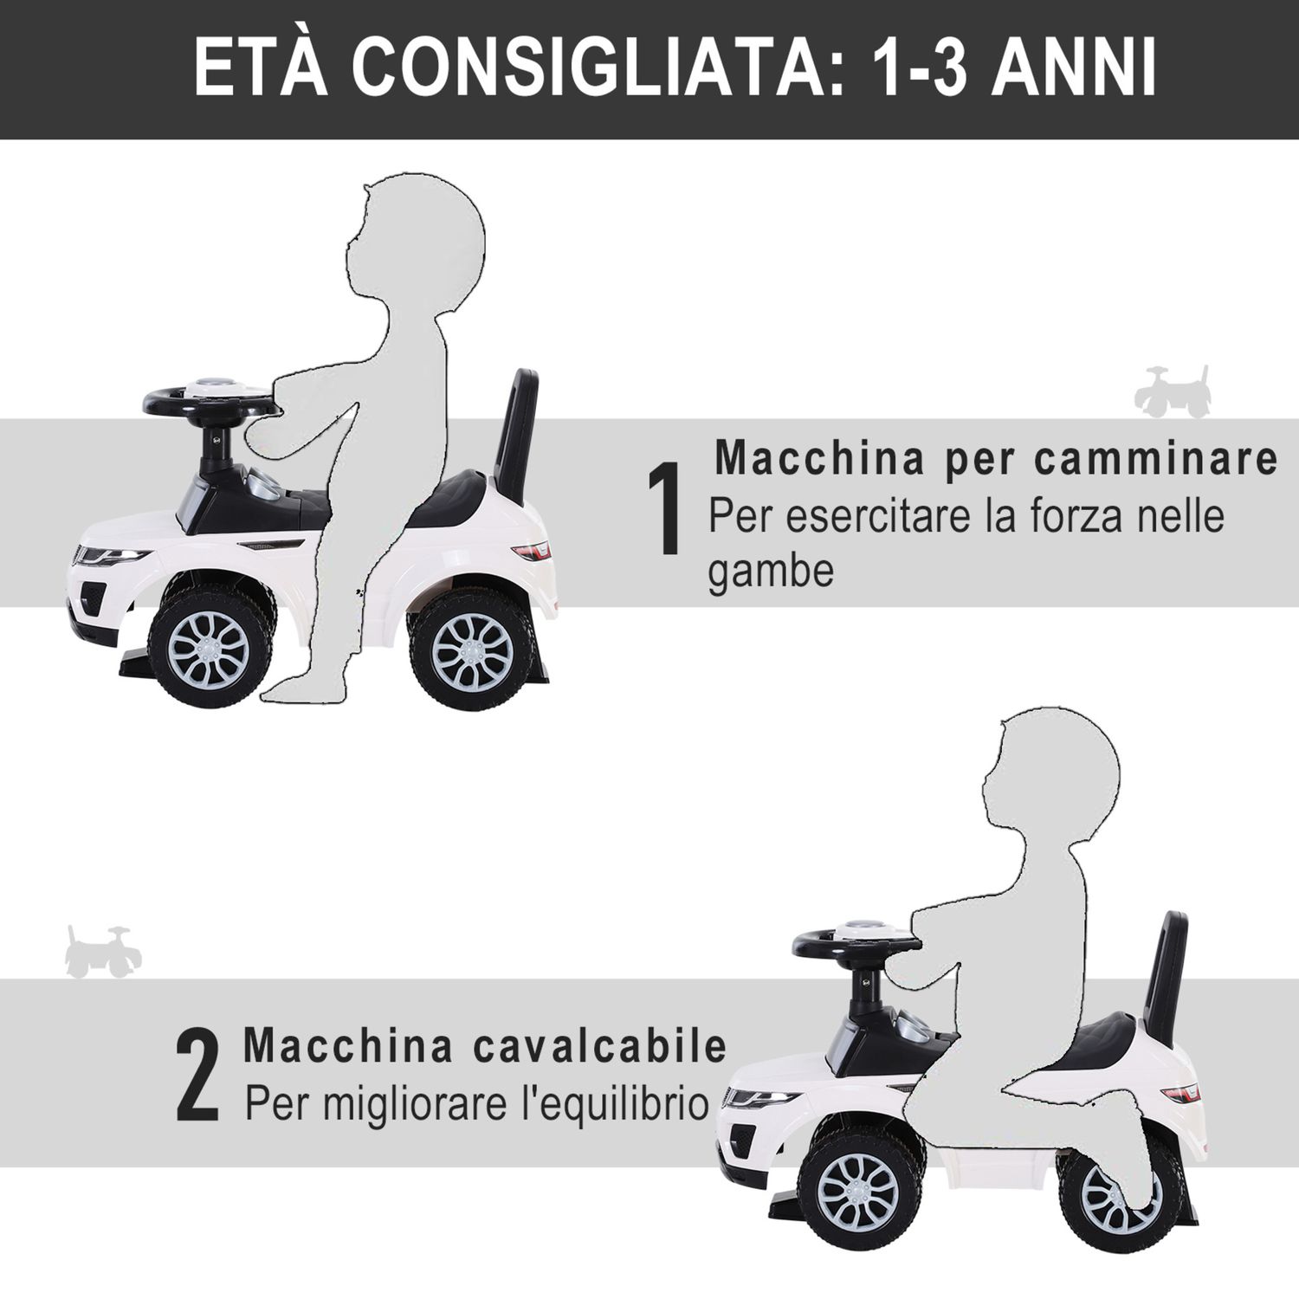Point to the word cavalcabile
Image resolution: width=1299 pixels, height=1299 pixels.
[x=600, y=1046]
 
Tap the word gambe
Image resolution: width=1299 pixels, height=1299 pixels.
[x=771, y=572]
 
